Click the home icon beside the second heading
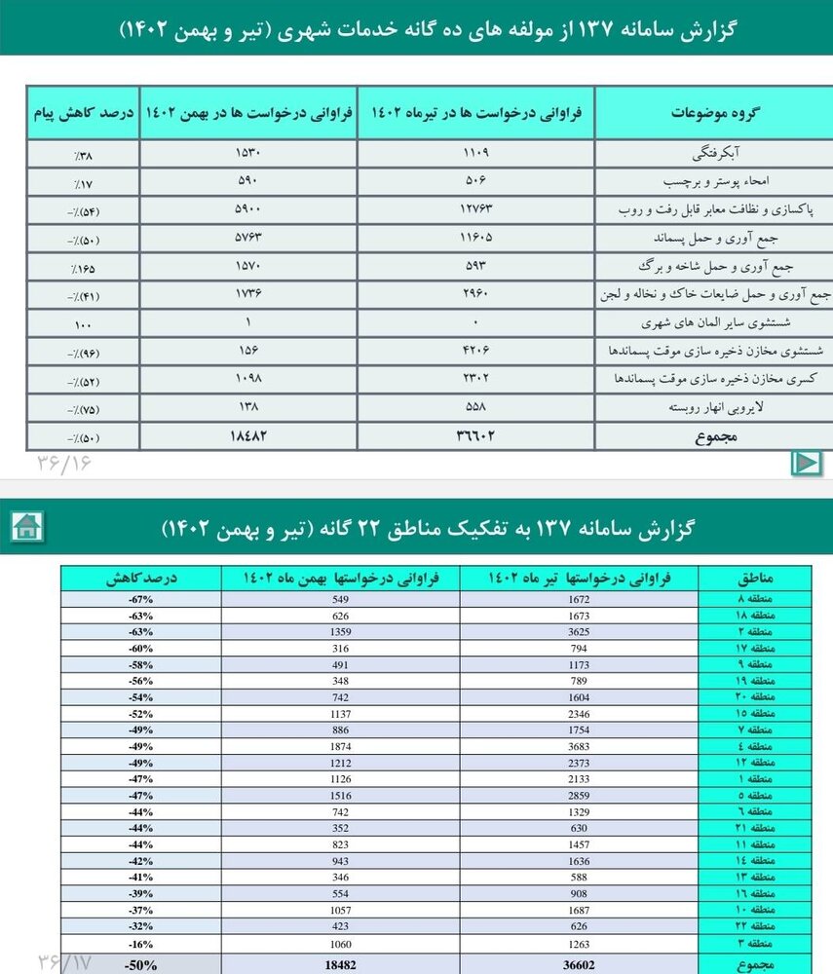(26, 527)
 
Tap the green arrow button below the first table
(806, 462)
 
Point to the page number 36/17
(64, 961)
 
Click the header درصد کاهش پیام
(83, 113)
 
